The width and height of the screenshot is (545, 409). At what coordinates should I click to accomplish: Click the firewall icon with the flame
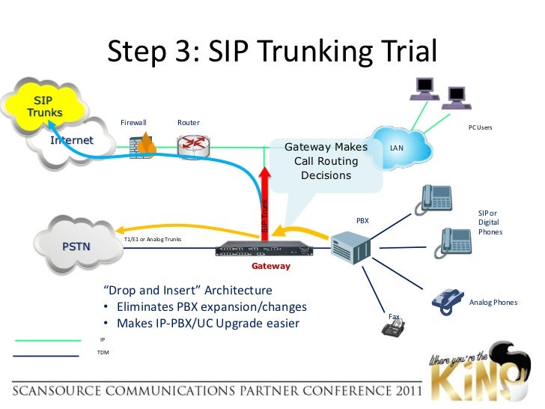click(141, 145)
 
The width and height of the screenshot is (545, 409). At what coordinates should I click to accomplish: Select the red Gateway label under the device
click(270, 266)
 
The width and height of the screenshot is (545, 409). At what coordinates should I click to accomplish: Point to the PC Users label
click(480, 128)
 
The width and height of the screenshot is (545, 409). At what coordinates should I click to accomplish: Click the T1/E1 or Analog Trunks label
click(153, 240)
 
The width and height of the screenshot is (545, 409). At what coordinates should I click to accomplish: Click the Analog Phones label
click(493, 303)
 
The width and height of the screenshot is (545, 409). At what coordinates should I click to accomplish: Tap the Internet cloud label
click(72, 140)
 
